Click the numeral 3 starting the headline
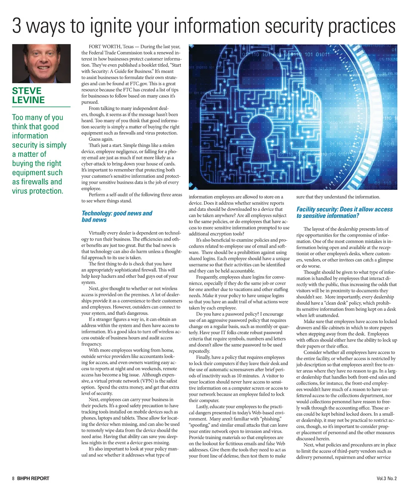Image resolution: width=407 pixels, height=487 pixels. tap(16, 26)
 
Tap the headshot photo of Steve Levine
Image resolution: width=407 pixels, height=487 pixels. tap(41, 64)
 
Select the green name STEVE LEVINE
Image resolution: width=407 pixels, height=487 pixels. tap(27, 96)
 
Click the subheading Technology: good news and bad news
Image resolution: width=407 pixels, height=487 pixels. tap(116, 216)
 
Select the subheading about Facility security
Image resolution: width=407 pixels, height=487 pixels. tap(344, 212)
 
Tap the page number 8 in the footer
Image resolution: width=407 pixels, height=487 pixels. tap(13, 478)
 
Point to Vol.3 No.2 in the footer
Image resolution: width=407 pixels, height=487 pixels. tap(386, 478)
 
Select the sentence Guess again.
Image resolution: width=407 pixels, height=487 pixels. tap(101, 139)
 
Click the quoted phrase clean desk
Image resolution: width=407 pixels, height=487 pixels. tap(335, 303)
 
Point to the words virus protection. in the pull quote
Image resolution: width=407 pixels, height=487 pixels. tap(38, 191)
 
